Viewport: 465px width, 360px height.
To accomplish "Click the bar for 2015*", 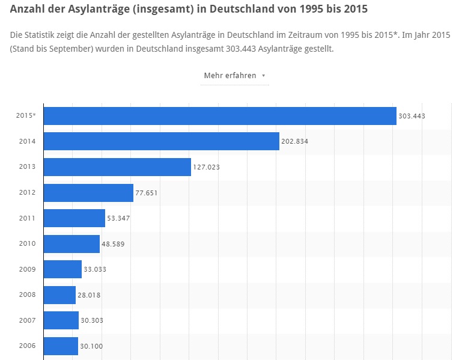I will pyautogui.click(x=220, y=116).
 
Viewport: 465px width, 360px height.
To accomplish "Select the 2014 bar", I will pyautogui.click(x=162, y=141).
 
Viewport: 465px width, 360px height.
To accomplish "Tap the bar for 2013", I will pyautogui.click(x=117, y=166).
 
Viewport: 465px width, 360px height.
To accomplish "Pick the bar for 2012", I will pyautogui.click(x=88, y=192).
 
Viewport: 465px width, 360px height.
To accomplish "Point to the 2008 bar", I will pyautogui.click(x=59, y=294).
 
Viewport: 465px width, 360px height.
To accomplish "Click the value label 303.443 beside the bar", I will pyautogui.click(x=412, y=116).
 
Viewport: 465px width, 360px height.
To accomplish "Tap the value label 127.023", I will pyautogui.click(x=206, y=167).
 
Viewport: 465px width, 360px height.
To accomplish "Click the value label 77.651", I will pyautogui.click(x=147, y=192).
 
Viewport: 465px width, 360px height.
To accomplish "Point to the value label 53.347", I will pyautogui.click(x=118, y=218).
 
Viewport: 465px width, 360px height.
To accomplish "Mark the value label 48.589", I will pyautogui.click(x=113, y=244).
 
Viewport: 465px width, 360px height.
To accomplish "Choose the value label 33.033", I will pyautogui.click(x=95, y=269).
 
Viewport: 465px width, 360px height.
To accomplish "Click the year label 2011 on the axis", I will pyautogui.click(x=27, y=218).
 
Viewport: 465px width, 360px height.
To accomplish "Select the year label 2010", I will pyautogui.click(x=27, y=243).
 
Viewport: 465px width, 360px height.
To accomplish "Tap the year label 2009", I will pyautogui.click(x=27, y=269).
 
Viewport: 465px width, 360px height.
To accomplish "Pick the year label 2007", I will pyautogui.click(x=27, y=320).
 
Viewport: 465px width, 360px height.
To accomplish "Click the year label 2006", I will pyautogui.click(x=27, y=346).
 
